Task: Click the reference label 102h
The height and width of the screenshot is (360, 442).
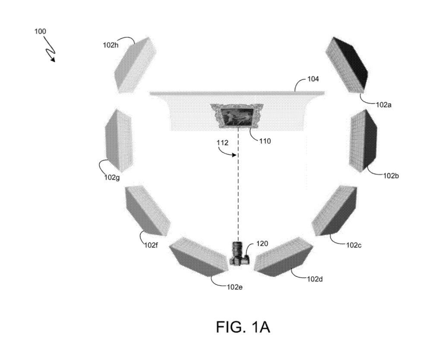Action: [x=110, y=44]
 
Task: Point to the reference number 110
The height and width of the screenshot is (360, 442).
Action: [x=265, y=141]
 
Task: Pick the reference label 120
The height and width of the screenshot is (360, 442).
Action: [x=262, y=243]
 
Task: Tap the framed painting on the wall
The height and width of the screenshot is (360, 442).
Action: [x=237, y=116]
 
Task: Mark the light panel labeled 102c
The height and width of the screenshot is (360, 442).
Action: [x=334, y=210]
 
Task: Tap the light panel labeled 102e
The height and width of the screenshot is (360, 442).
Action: [x=199, y=256]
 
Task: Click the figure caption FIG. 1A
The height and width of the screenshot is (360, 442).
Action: [x=243, y=327]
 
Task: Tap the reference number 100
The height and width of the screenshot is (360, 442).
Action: [x=40, y=32]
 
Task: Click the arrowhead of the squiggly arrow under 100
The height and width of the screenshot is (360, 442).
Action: [x=53, y=60]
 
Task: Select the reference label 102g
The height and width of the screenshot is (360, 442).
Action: [x=112, y=177]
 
